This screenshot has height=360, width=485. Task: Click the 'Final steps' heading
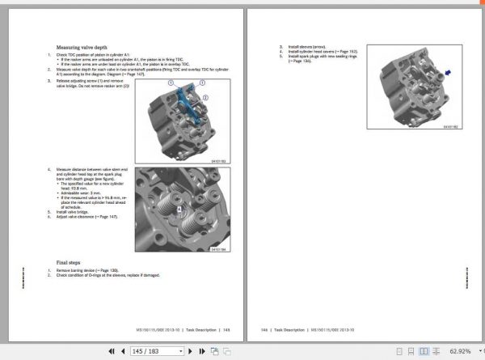pos(68,262)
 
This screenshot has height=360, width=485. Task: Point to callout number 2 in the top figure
pos(205,97)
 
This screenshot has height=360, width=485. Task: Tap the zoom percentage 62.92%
pos(460,352)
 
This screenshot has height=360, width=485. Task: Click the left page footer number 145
pos(227,329)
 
